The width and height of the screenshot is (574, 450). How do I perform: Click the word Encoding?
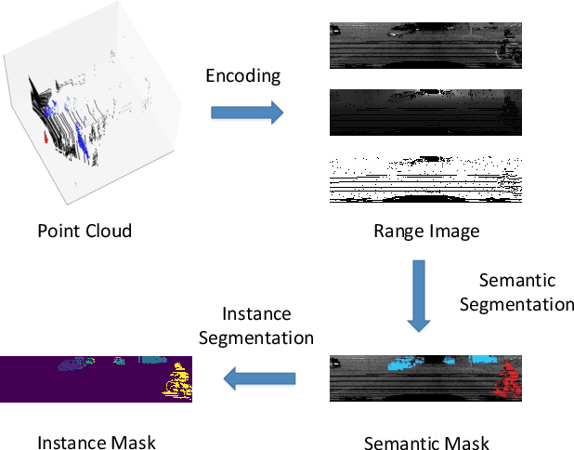[243, 75]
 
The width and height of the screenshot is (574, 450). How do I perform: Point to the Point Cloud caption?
[84, 231]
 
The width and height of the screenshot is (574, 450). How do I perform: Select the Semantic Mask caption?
[426, 443]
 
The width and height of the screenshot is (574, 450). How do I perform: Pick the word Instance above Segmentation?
[255, 314]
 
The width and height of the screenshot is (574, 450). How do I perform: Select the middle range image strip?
[425, 112]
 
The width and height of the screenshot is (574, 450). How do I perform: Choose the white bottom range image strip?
[425, 179]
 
